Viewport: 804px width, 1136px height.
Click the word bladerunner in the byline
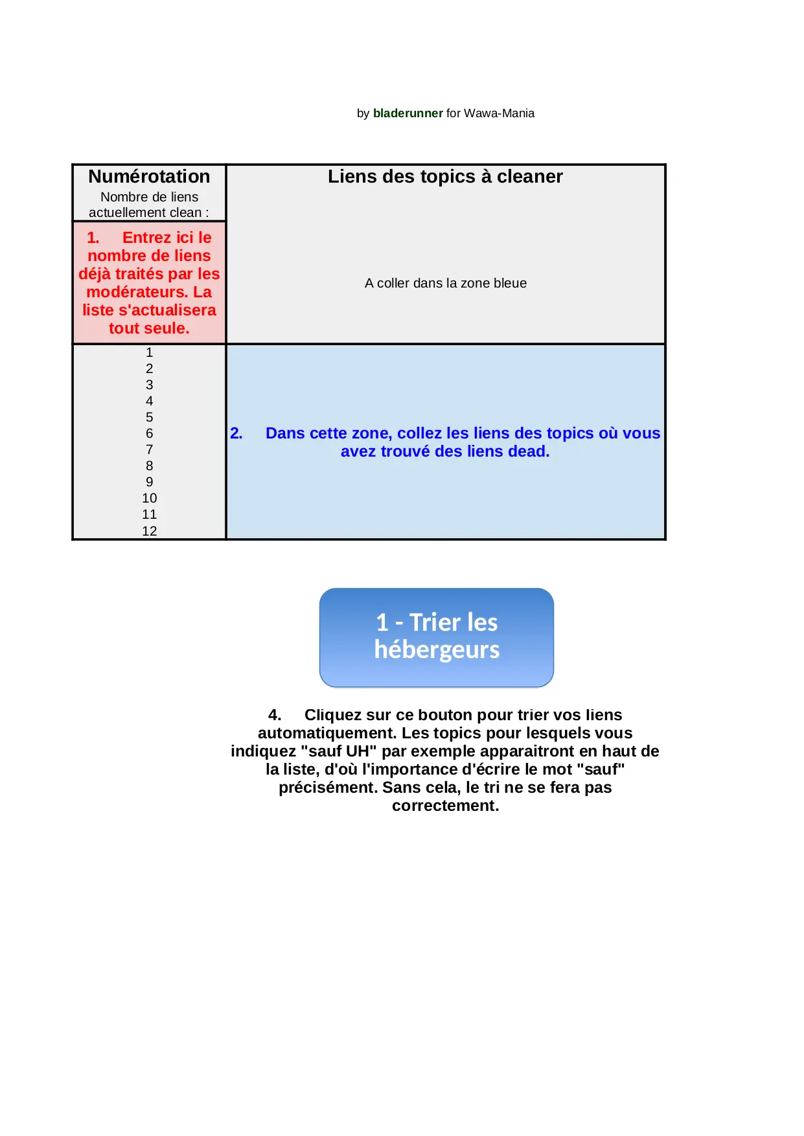(x=408, y=113)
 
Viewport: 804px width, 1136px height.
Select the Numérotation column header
(x=149, y=177)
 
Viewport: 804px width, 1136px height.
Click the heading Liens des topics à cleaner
(x=445, y=177)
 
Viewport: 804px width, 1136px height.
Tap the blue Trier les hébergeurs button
(x=436, y=637)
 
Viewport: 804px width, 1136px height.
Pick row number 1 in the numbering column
(x=150, y=352)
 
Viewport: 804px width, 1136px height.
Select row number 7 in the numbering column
(x=150, y=449)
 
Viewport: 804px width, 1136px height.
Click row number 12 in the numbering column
(x=150, y=531)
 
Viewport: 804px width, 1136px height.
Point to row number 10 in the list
(x=150, y=498)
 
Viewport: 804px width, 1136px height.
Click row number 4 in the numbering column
(x=150, y=401)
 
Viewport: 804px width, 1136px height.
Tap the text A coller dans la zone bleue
(x=445, y=283)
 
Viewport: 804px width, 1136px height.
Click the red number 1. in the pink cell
(x=93, y=238)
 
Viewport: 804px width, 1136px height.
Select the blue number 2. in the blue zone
(x=236, y=433)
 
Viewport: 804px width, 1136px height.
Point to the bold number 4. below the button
(x=275, y=715)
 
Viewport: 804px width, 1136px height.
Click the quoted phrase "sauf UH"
(x=339, y=751)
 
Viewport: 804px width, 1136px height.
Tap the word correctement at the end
(x=444, y=806)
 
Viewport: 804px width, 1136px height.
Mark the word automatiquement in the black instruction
(x=327, y=733)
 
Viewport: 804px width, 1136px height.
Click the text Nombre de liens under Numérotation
(x=149, y=197)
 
